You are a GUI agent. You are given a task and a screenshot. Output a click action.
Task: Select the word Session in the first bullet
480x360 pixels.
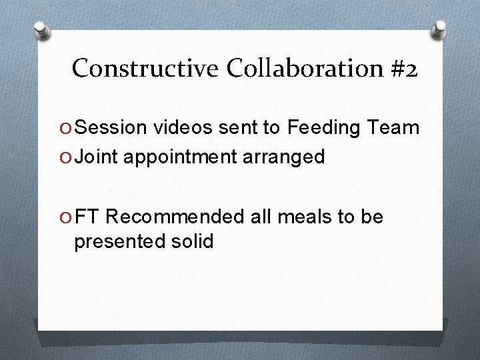[110, 127]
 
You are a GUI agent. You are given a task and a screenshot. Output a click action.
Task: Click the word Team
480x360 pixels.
[395, 127]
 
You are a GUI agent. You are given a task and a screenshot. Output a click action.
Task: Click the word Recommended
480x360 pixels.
[175, 217]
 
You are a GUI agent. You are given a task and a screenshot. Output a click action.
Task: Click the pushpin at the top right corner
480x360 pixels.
[439, 28]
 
